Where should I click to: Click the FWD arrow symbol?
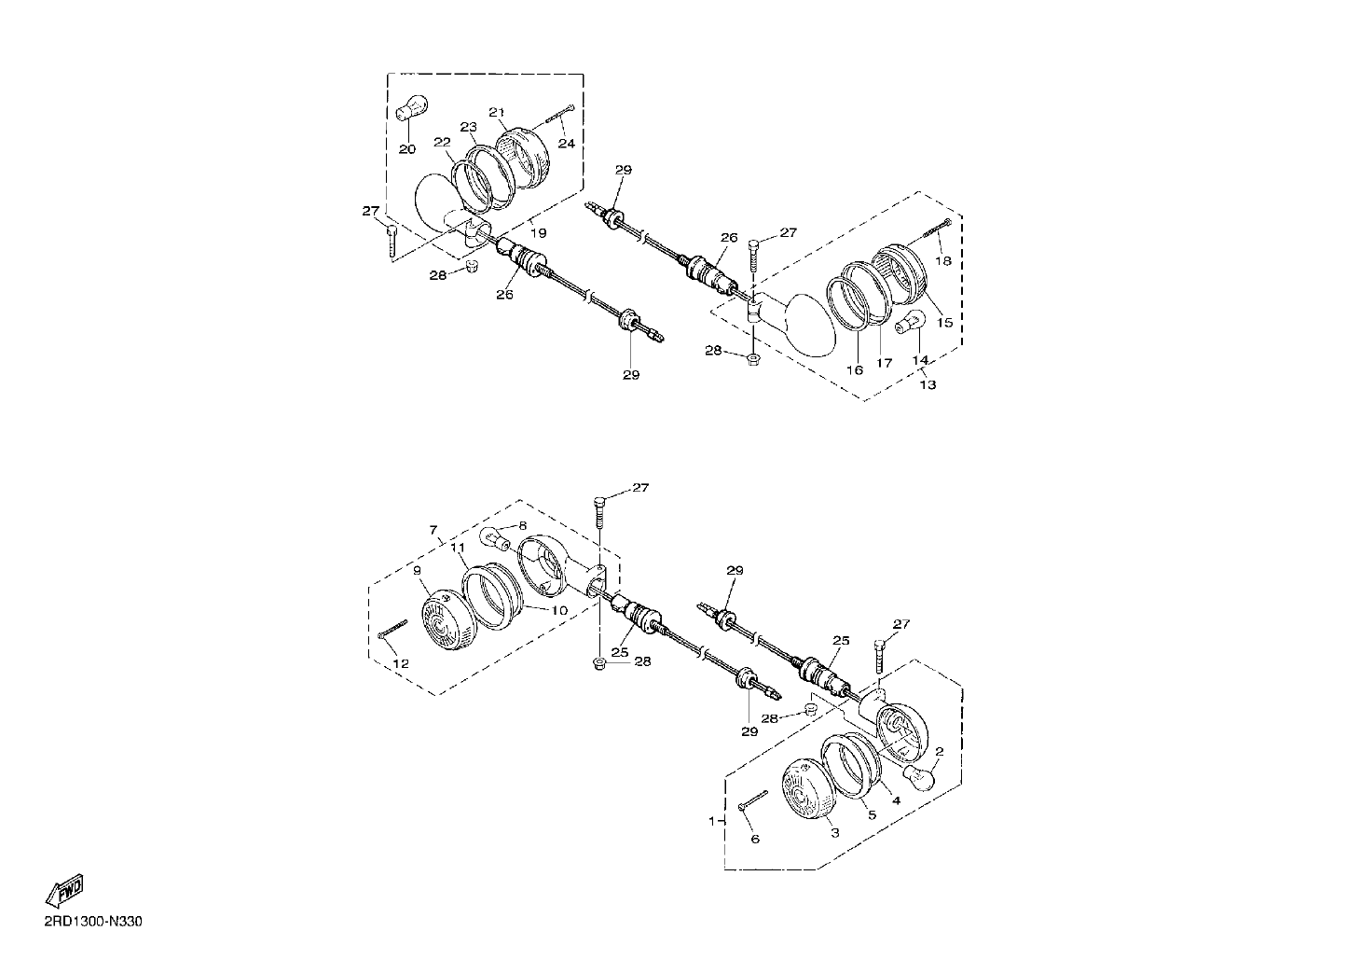click(64, 891)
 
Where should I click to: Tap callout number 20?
click(407, 148)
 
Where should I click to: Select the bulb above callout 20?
click(411, 107)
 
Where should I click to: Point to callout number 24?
click(567, 144)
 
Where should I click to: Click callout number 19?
click(538, 233)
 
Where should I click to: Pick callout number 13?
click(928, 384)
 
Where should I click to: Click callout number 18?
click(943, 260)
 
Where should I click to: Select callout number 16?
click(855, 370)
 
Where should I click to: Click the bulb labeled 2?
click(920, 778)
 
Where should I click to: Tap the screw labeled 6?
click(754, 801)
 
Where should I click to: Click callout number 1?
click(712, 821)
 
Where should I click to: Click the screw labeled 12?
click(392, 629)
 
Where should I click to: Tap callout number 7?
click(433, 530)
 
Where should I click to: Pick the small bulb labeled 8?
click(495, 537)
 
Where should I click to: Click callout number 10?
click(559, 610)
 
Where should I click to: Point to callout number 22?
click(442, 142)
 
